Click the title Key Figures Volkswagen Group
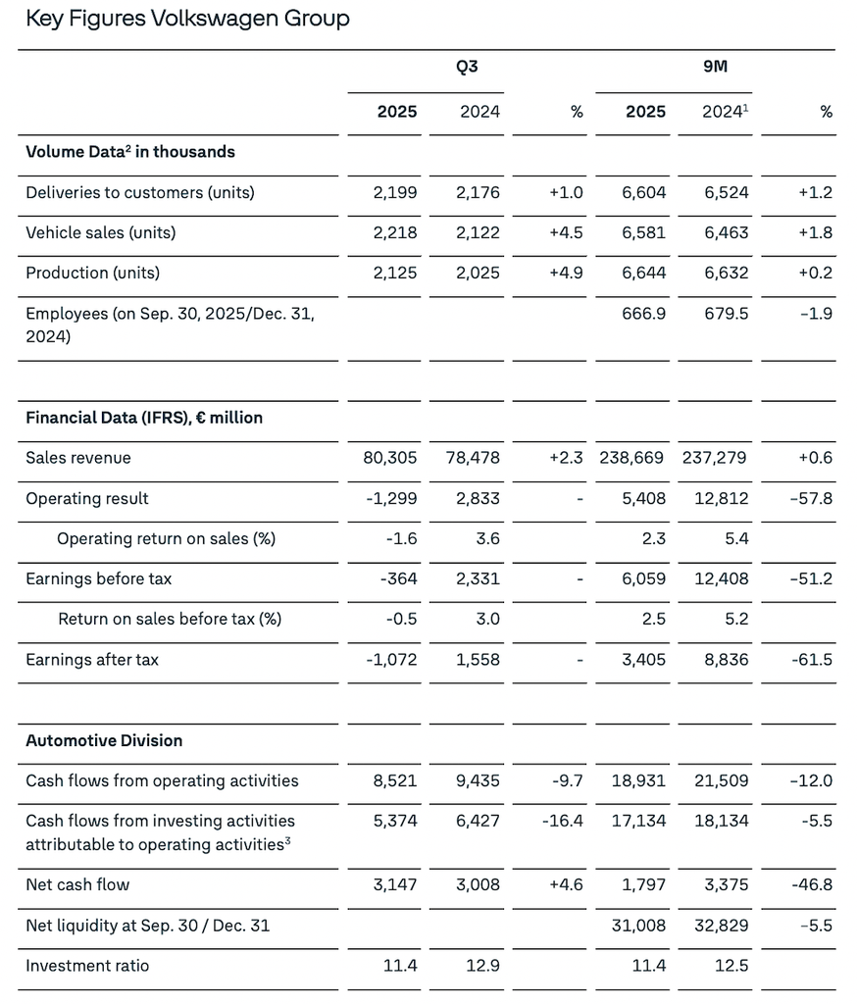click(187, 18)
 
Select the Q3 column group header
click(467, 68)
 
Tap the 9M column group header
click(715, 68)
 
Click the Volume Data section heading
click(130, 151)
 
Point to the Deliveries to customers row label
click(140, 192)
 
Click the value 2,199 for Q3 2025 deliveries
click(395, 192)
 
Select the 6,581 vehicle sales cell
click(644, 232)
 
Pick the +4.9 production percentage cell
click(566, 273)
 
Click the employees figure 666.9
click(643, 314)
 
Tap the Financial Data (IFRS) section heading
click(144, 418)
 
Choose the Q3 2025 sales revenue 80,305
click(390, 458)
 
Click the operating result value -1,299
click(391, 498)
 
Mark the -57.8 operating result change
click(811, 498)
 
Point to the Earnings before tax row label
click(98, 578)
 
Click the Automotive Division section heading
click(104, 740)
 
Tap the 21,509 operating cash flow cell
click(722, 780)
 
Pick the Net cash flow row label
click(77, 884)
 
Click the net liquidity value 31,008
click(639, 925)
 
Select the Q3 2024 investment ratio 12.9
click(482, 966)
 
